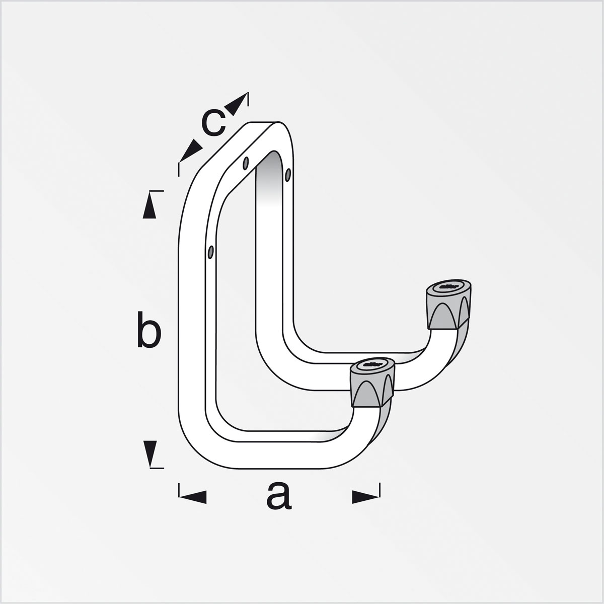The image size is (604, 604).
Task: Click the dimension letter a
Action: [x=278, y=496]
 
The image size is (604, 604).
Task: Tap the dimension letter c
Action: [x=213, y=123]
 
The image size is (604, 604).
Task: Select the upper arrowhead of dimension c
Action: [x=237, y=104]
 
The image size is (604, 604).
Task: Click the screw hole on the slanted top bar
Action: [x=246, y=163]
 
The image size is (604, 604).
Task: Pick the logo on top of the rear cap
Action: [x=449, y=285]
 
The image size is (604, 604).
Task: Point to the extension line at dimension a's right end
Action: [x=381, y=490]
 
